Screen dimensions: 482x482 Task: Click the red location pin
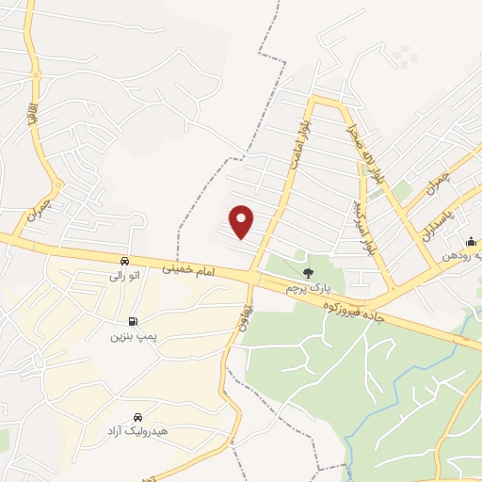[243, 221]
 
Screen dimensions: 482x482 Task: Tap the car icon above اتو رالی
[125, 261]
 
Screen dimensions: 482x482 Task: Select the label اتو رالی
[125, 277]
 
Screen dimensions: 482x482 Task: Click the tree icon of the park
[308, 272]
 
